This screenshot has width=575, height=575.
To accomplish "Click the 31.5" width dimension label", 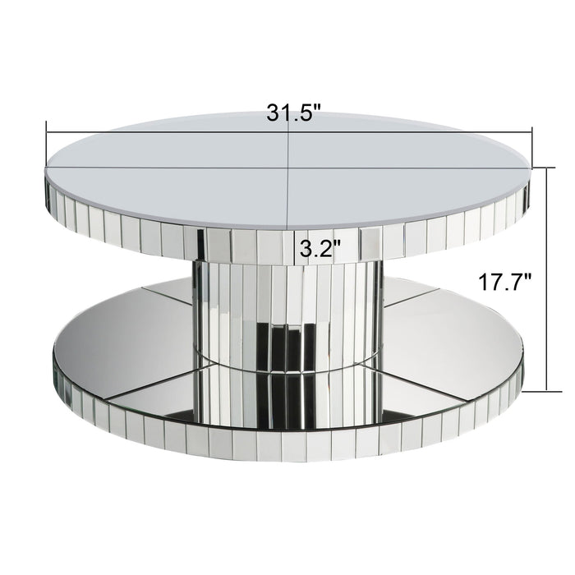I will tap(292, 113).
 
